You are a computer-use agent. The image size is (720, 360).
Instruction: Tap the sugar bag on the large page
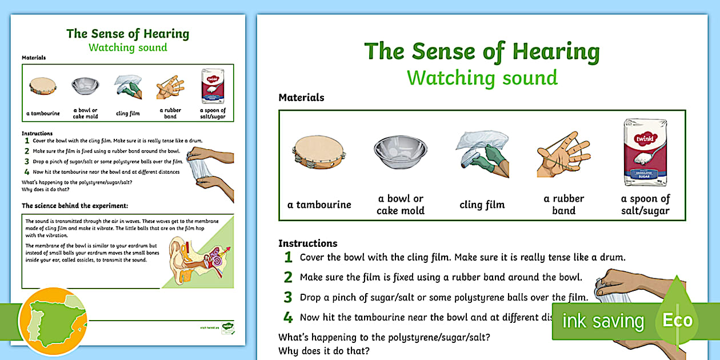pos(645,152)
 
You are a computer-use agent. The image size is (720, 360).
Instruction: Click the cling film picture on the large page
pos(482,152)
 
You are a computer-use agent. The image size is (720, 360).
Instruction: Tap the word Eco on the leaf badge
pos(677,320)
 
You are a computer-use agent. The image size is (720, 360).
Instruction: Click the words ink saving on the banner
pos(603,321)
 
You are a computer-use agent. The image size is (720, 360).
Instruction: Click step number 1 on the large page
pos(289,257)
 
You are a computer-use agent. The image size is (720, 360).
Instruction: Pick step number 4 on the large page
pos(289,317)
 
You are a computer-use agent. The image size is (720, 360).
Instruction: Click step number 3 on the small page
pos(27,161)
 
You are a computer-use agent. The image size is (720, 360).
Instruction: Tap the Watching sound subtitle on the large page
pos(482,77)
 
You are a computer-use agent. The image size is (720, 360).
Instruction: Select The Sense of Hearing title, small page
pos(128,33)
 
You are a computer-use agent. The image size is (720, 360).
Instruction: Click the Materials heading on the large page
pos(301,98)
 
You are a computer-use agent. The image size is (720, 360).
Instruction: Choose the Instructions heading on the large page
pos(307,243)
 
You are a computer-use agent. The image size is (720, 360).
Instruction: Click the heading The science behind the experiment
pos(75,205)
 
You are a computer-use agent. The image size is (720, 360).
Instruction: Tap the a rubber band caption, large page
pos(563,205)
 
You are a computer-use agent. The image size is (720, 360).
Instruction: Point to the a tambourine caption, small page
pos(43,113)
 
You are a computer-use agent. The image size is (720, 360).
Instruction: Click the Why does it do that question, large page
pos(323,350)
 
